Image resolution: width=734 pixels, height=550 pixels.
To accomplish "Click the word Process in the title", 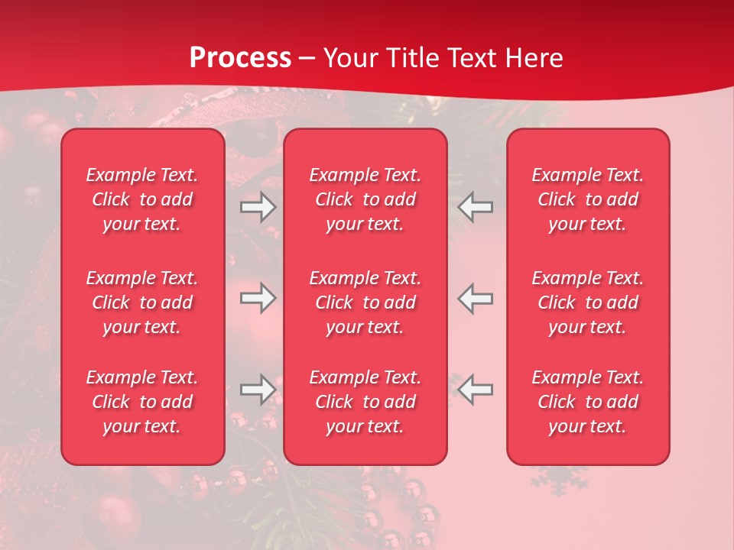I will click(x=240, y=58).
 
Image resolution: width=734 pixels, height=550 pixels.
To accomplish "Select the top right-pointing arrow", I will click(x=258, y=207).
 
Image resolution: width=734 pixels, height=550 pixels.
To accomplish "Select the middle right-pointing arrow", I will click(x=258, y=298).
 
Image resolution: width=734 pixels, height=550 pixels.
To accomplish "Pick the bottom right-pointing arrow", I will click(x=258, y=390).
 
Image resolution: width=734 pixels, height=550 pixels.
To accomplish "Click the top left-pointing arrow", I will click(x=476, y=207).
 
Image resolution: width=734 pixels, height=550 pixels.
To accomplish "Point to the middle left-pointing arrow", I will click(x=476, y=298).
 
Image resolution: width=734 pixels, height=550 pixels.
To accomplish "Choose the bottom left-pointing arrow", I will click(x=476, y=390).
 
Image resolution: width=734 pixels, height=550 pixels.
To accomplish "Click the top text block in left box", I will click(x=142, y=199).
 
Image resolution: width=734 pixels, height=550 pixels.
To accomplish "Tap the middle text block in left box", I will click(x=142, y=302).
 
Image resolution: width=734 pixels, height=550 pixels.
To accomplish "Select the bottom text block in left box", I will click(x=142, y=402).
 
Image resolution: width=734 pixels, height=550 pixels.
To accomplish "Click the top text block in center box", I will click(x=365, y=199).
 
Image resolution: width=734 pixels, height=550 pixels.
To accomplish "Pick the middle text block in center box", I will click(x=365, y=302).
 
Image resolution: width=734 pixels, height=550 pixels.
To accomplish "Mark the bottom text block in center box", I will click(x=365, y=402).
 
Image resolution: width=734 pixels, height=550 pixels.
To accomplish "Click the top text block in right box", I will click(x=588, y=199).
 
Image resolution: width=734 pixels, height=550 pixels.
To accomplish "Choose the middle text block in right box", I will click(x=588, y=302).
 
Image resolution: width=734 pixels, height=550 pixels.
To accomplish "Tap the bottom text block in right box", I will click(x=588, y=402).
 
